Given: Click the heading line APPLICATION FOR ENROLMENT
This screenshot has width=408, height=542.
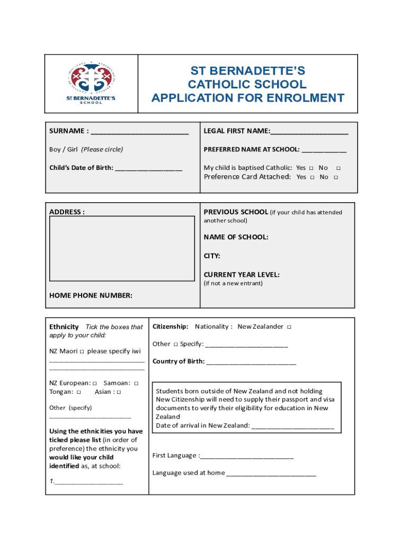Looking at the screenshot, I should click(248, 98).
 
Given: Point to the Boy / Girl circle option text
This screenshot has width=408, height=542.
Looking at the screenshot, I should click(86, 149).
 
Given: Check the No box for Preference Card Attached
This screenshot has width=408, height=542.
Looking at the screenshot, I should click(335, 177).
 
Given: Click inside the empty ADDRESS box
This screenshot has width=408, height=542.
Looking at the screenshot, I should click(122, 248).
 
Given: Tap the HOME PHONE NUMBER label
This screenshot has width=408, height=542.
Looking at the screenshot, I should click(91, 295).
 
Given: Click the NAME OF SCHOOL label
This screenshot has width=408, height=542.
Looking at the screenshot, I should click(236, 237).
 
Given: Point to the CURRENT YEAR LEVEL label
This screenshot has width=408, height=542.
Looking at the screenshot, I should click(242, 275).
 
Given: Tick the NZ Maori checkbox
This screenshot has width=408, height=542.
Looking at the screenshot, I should click(82, 351).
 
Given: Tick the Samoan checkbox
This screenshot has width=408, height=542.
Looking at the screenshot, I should click(136, 383).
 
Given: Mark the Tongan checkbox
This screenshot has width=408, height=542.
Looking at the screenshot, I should click(78, 392).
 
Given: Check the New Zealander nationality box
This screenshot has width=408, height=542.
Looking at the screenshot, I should click(289, 327).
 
